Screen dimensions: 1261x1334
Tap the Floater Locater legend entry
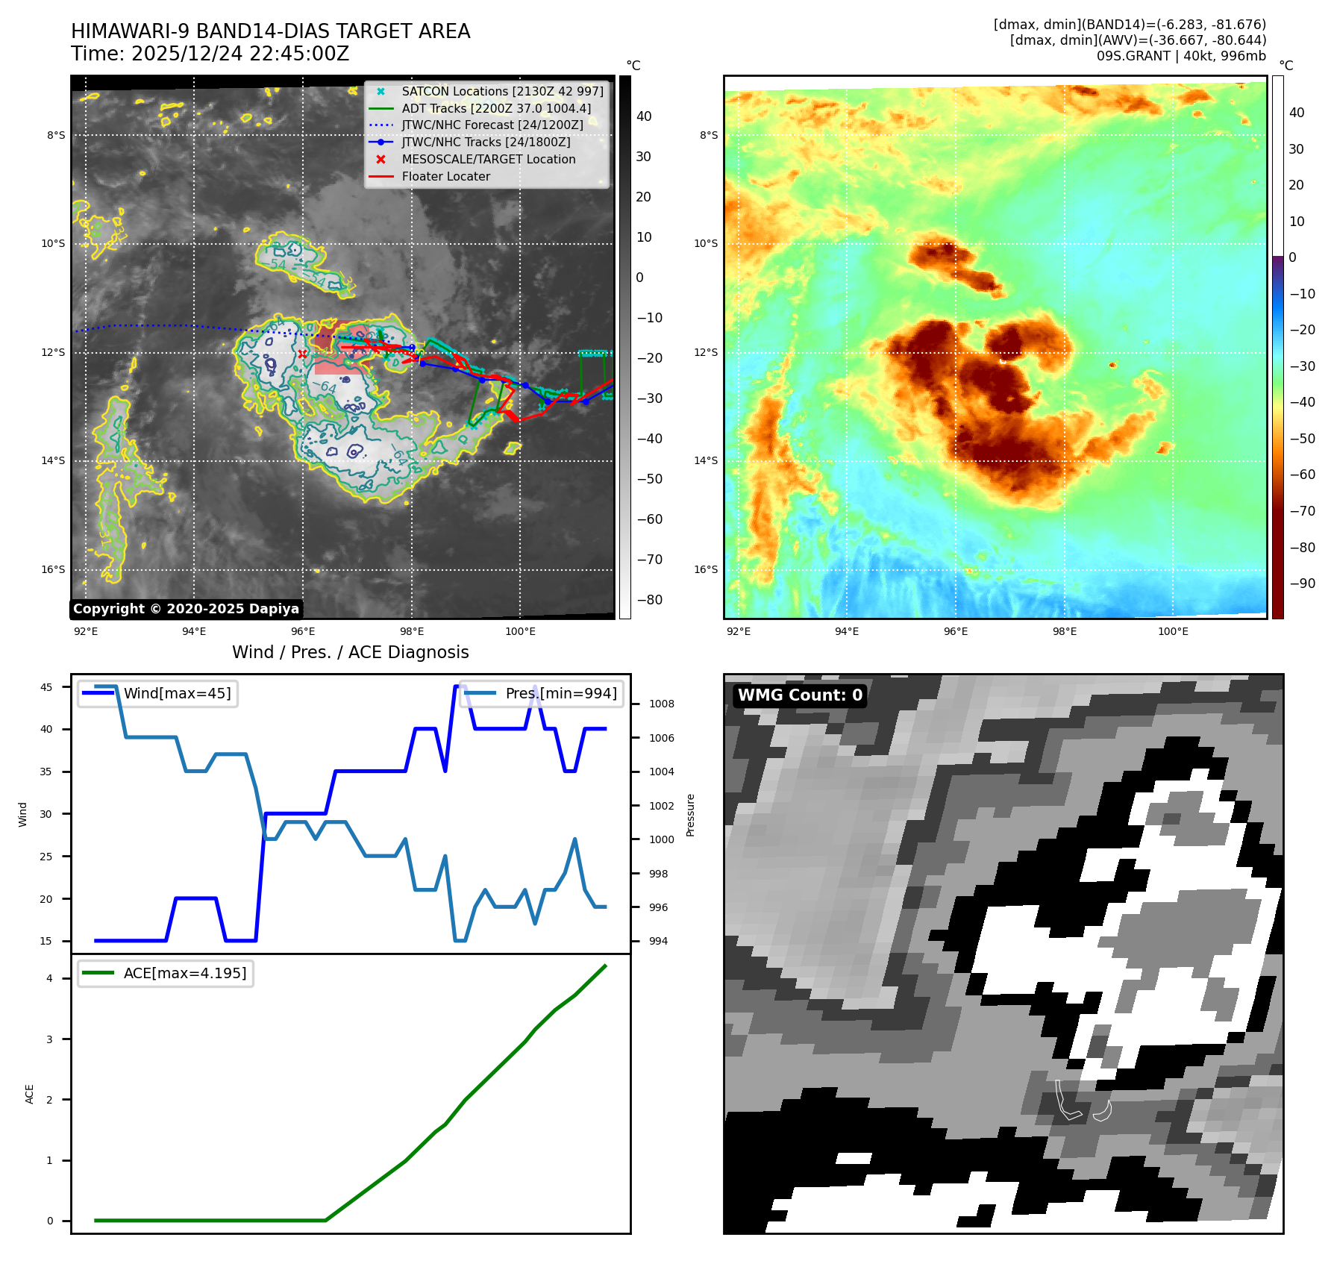point(445,177)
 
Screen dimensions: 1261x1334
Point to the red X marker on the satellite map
point(302,354)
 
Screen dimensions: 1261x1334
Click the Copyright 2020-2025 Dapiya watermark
point(186,609)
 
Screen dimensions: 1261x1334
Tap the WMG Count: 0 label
point(800,695)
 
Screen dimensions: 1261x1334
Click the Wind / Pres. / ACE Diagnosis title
point(351,652)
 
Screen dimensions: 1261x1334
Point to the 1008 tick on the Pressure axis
point(661,704)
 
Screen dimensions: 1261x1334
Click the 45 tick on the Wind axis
point(46,687)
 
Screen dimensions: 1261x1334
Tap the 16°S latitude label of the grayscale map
point(53,569)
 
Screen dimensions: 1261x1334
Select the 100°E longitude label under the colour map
point(1173,631)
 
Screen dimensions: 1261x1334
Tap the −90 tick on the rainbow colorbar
point(1302,583)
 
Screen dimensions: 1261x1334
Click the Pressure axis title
point(690,815)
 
